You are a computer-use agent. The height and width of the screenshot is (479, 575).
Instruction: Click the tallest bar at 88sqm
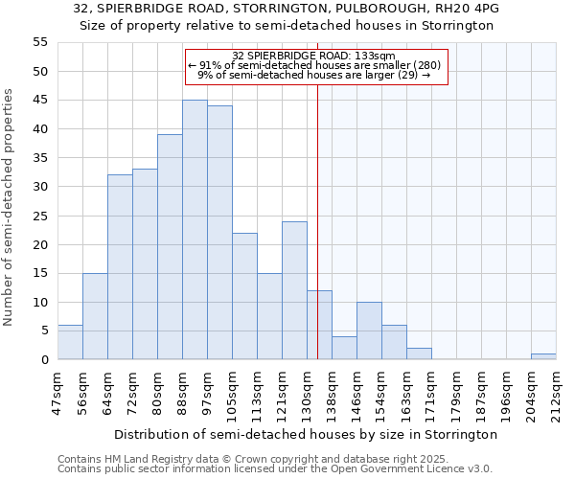(x=195, y=230)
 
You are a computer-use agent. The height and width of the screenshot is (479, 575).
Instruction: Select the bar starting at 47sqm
(x=70, y=342)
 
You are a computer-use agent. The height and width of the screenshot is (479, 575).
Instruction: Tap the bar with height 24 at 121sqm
(x=294, y=290)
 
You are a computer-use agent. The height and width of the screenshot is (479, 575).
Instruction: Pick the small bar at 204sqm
(x=543, y=356)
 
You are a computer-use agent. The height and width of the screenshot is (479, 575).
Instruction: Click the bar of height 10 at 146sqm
(x=369, y=331)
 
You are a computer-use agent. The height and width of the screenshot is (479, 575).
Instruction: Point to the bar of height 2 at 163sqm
(x=419, y=354)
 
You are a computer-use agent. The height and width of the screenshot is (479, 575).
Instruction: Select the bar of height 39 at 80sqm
(x=170, y=247)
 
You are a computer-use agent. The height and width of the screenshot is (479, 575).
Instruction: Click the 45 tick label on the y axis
(x=40, y=101)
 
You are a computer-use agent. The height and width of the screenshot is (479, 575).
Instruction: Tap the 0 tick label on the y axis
(x=44, y=360)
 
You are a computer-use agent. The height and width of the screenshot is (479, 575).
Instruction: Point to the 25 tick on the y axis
(x=40, y=216)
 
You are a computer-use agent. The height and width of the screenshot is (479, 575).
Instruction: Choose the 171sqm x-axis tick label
(x=431, y=392)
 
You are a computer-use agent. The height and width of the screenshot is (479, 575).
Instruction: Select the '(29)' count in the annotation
(x=406, y=75)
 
